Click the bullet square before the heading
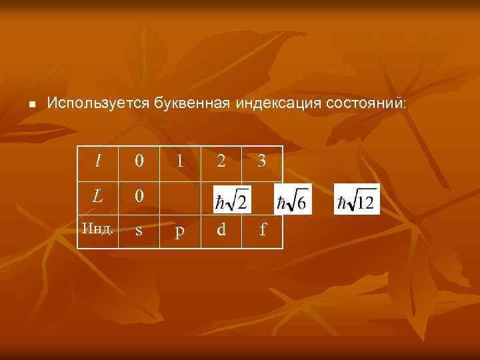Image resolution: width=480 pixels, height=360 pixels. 31,105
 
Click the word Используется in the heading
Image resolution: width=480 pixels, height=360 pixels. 99,103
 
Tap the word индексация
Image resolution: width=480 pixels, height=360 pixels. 278,103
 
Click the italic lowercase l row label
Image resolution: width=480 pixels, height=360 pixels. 98,161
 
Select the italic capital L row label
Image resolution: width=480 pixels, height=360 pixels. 97,197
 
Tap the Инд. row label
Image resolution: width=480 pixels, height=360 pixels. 98,229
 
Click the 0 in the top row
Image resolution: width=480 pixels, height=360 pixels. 139,161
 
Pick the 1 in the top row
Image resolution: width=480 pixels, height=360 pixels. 179,161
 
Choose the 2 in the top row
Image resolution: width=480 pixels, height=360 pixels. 221,161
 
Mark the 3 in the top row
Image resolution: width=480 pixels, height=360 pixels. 262,161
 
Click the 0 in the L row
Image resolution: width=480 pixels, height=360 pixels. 139,197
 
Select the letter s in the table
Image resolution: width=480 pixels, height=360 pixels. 139,231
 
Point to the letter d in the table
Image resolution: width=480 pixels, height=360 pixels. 221,230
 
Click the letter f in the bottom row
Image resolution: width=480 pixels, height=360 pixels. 263,230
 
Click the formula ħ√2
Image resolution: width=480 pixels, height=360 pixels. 231,199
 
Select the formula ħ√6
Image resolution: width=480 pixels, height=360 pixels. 292,199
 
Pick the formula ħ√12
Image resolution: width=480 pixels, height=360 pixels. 356,199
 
